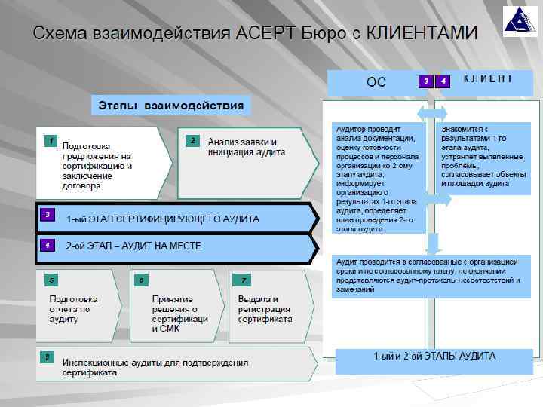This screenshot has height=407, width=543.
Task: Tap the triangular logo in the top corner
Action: pos(520,21)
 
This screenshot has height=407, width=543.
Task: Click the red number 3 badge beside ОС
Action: pos(427,81)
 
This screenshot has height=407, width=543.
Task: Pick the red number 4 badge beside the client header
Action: pos(443,81)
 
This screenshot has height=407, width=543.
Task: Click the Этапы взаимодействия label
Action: pos(172,105)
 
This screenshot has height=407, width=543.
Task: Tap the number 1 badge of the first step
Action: pos(50,141)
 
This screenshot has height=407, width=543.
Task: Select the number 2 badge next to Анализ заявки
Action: pos(193,141)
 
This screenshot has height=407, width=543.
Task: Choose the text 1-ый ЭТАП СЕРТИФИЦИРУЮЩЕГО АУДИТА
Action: pos(162,219)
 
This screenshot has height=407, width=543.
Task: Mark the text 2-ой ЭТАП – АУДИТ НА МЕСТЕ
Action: pos(133,246)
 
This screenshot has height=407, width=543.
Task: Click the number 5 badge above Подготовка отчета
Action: pos(51,280)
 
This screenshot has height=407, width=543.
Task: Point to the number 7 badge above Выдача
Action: pos(244,280)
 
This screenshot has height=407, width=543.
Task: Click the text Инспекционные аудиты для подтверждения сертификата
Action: pos(155,367)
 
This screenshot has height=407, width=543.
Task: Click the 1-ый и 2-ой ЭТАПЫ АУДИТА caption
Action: pos(434,356)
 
